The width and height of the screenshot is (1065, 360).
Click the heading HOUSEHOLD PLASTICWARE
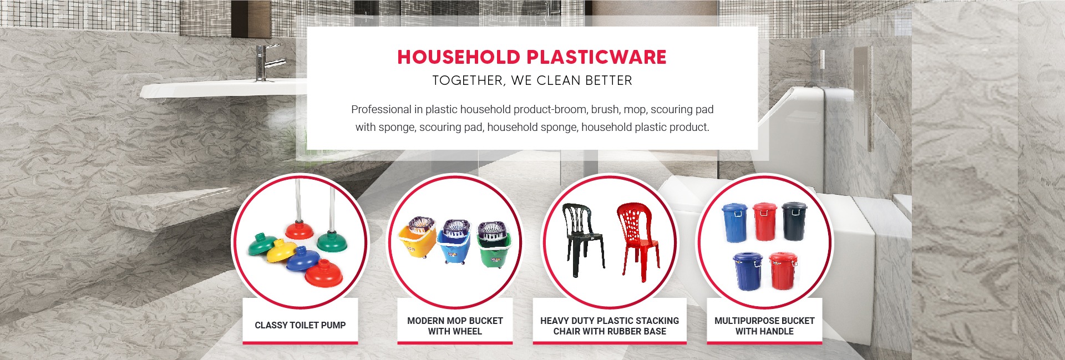(x=532, y=57)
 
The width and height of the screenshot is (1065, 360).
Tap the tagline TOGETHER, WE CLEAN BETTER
(x=532, y=81)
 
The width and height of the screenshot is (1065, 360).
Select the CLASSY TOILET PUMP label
(x=300, y=325)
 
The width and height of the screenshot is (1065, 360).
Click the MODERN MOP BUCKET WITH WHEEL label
(x=455, y=326)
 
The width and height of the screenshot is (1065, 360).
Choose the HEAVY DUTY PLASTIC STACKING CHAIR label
(x=610, y=326)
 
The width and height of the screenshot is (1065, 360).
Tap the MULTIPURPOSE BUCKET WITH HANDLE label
(x=764, y=326)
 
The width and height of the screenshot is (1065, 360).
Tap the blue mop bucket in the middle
(x=455, y=241)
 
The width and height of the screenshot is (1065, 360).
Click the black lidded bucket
(x=794, y=221)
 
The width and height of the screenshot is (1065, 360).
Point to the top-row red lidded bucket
(x=765, y=221)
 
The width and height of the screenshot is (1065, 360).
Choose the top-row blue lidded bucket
(x=734, y=222)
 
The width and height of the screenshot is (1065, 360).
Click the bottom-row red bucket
(x=783, y=271)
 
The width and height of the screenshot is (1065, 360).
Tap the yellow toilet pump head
(x=282, y=251)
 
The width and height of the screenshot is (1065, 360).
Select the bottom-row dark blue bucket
(x=748, y=272)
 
